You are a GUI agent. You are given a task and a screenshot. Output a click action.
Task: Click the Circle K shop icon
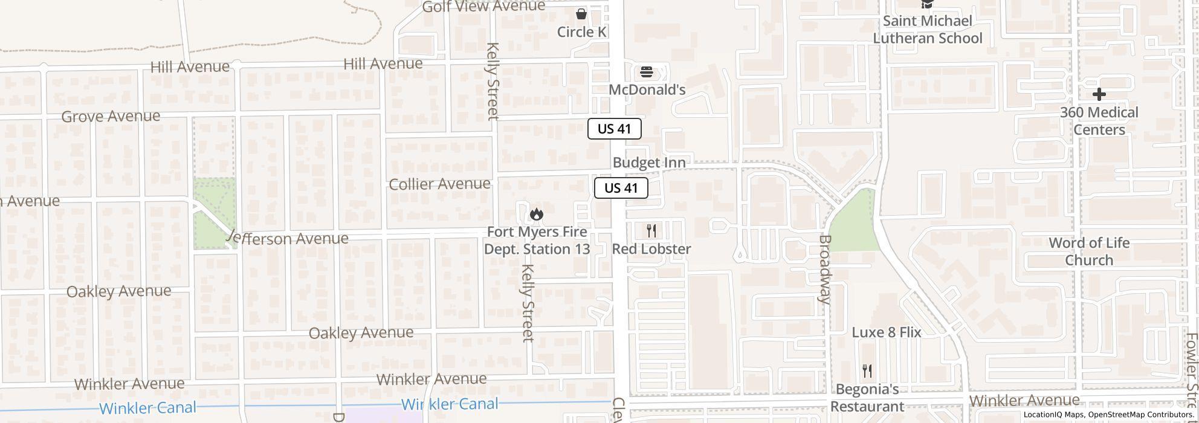[x=581, y=14]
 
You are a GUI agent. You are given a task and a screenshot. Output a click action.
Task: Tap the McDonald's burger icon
[x=647, y=73]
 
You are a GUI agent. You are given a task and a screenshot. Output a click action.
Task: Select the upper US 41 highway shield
[x=614, y=129]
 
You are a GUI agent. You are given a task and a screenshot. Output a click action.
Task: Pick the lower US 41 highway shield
[x=621, y=188]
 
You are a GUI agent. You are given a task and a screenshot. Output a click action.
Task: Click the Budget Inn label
[x=649, y=163]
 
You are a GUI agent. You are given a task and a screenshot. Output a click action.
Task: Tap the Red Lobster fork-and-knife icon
[x=651, y=230]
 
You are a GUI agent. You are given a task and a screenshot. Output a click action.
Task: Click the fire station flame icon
[x=536, y=215]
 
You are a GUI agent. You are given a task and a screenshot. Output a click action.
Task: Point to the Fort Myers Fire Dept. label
[x=537, y=241]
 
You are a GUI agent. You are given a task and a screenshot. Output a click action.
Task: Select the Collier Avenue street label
[x=439, y=184]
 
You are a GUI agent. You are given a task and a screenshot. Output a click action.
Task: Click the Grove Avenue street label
[x=111, y=116]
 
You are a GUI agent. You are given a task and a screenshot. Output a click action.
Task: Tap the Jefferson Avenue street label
[x=288, y=239]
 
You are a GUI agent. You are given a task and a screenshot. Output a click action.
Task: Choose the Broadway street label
[x=825, y=268]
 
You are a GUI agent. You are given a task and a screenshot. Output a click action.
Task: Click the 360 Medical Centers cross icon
[x=1099, y=94]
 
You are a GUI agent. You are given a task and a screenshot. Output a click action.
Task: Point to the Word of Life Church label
[x=1089, y=251]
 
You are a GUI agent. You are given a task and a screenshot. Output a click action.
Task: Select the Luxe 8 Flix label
[x=886, y=332]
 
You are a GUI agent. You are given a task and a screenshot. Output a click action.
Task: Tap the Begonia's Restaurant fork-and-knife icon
[x=867, y=370]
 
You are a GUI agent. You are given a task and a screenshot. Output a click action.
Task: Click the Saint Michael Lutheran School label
[x=927, y=30]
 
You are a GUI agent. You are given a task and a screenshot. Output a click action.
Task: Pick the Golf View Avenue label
[x=483, y=7]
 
